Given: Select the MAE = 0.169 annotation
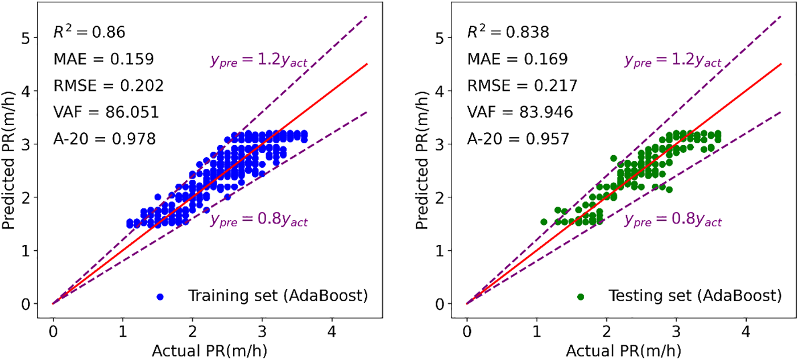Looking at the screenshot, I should (x=518, y=59).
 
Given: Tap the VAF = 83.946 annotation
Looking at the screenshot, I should (x=520, y=112).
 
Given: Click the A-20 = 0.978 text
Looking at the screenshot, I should (x=105, y=139).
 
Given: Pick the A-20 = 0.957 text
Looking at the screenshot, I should (x=518, y=139).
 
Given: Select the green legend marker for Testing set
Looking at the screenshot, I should (x=581, y=297).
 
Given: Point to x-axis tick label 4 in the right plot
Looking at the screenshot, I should (x=746, y=329).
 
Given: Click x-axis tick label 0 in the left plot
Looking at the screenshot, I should (x=53, y=329).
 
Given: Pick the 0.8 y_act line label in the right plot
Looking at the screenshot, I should (x=673, y=220).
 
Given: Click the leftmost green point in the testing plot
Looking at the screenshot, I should (x=544, y=222).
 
